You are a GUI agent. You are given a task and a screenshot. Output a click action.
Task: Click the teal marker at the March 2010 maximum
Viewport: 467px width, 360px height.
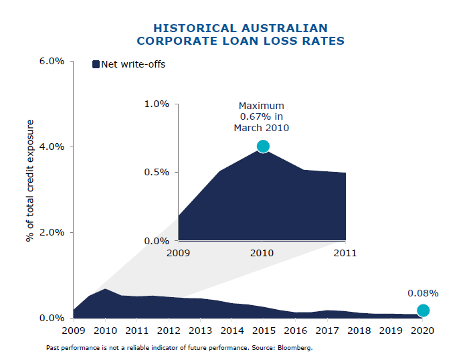coord(262,146)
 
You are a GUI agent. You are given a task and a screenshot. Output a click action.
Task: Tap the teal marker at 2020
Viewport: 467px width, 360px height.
coord(423,310)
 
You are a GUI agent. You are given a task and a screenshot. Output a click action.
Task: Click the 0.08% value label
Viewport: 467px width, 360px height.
coord(423,293)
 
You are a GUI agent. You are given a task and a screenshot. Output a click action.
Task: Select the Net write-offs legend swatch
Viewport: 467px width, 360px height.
coord(96,64)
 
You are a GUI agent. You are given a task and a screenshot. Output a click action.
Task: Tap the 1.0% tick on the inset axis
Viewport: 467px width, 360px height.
coord(157,104)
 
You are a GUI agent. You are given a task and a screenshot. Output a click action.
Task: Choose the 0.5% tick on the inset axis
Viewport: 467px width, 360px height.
coord(157,172)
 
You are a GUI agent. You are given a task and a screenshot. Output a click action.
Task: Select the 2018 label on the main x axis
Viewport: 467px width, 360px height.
coord(359,331)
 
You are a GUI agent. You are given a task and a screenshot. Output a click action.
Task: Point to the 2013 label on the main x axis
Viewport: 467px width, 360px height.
coord(200,331)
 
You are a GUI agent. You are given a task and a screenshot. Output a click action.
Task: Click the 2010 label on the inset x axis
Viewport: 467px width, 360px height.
coord(262,253)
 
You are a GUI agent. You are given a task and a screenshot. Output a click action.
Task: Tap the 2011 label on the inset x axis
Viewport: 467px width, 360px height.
coord(345,253)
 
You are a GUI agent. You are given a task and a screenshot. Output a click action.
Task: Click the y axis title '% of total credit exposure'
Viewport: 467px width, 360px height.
coord(30,181)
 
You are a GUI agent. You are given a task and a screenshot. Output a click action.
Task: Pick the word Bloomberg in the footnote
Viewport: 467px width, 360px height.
coord(294,348)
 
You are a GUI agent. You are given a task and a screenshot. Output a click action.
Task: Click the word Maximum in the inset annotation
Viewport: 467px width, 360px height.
coord(262,106)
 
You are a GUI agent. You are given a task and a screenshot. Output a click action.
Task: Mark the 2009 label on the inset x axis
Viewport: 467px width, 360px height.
coord(179,253)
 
